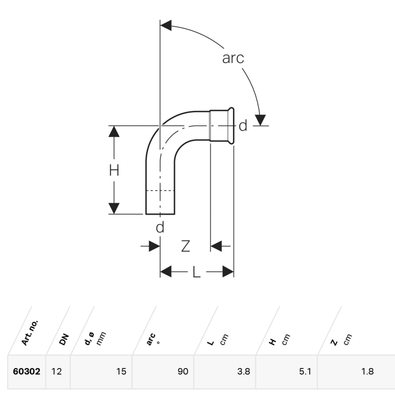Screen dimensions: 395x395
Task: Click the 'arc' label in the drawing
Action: click(x=233, y=58)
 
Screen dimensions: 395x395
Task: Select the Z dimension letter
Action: click(x=186, y=246)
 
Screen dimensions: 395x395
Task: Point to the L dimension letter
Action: click(x=197, y=272)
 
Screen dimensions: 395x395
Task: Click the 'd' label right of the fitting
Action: click(x=243, y=126)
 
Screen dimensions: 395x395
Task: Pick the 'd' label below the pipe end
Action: click(x=160, y=227)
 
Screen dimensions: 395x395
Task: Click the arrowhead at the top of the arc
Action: click(x=166, y=25)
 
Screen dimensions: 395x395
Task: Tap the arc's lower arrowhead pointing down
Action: click(x=260, y=120)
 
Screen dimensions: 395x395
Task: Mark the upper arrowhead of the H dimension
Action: click(x=114, y=132)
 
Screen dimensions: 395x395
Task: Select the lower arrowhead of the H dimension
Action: click(x=114, y=208)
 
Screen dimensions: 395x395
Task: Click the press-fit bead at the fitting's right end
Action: click(x=231, y=126)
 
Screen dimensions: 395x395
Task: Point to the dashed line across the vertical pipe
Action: click(x=160, y=190)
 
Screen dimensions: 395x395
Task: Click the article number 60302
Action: click(x=26, y=371)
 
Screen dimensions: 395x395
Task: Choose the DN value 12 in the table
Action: click(x=57, y=371)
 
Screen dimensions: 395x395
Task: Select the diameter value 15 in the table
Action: click(x=121, y=371)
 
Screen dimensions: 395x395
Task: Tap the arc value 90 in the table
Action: click(x=183, y=371)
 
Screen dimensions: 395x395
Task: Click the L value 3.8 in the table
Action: click(x=244, y=371)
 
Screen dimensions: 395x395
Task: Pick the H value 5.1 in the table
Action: click(x=305, y=371)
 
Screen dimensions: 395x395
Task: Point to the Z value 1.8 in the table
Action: click(x=367, y=371)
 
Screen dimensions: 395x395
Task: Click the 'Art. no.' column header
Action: click(x=30, y=333)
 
